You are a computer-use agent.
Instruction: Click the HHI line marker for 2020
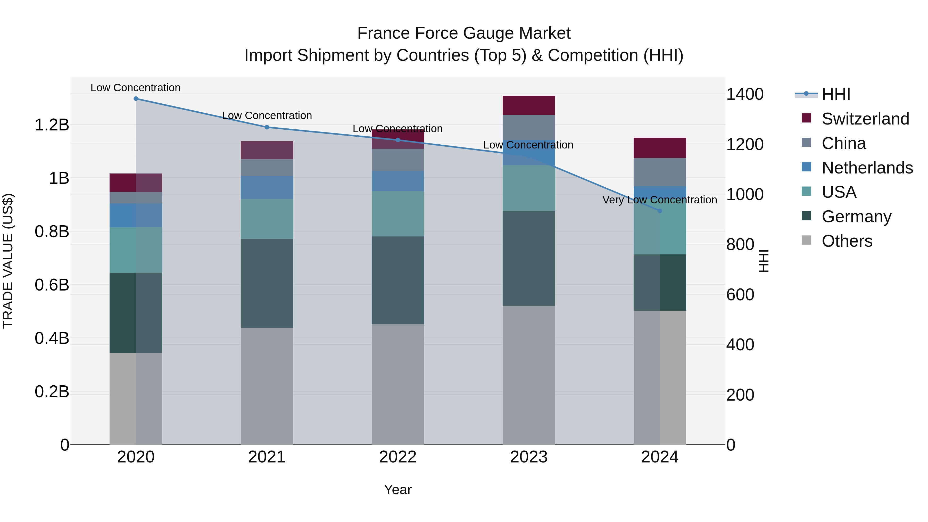coord(136,99)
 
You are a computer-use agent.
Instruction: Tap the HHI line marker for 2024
coord(660,211)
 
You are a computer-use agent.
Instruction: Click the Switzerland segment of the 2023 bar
coord(528,105)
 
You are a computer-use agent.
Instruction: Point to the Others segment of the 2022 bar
coord(398,384)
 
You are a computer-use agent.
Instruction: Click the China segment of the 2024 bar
coord(660,172)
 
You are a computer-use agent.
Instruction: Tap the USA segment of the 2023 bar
coord(528,188)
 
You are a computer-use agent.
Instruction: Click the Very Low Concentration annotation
coord(660,200)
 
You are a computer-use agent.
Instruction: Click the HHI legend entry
coord(836,94)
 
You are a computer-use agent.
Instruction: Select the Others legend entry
coord(847,241)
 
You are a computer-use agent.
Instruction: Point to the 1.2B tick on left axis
coord(52,125)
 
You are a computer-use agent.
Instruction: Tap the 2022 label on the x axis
coord(398,457)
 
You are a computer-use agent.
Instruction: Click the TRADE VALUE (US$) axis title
coord(8,261)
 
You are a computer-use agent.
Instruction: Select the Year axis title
coord(398,490)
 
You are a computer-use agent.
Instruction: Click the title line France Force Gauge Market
coord(464,33)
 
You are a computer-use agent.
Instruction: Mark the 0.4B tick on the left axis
coord(52,338)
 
